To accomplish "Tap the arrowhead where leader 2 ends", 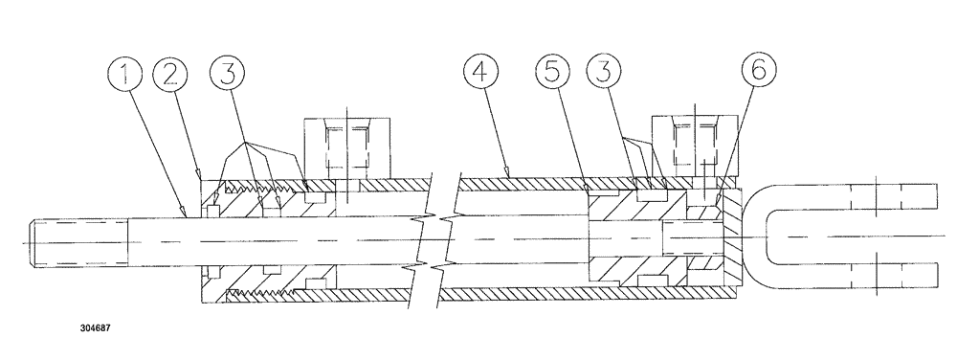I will [199, 176].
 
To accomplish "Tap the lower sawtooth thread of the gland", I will [263, 286].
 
